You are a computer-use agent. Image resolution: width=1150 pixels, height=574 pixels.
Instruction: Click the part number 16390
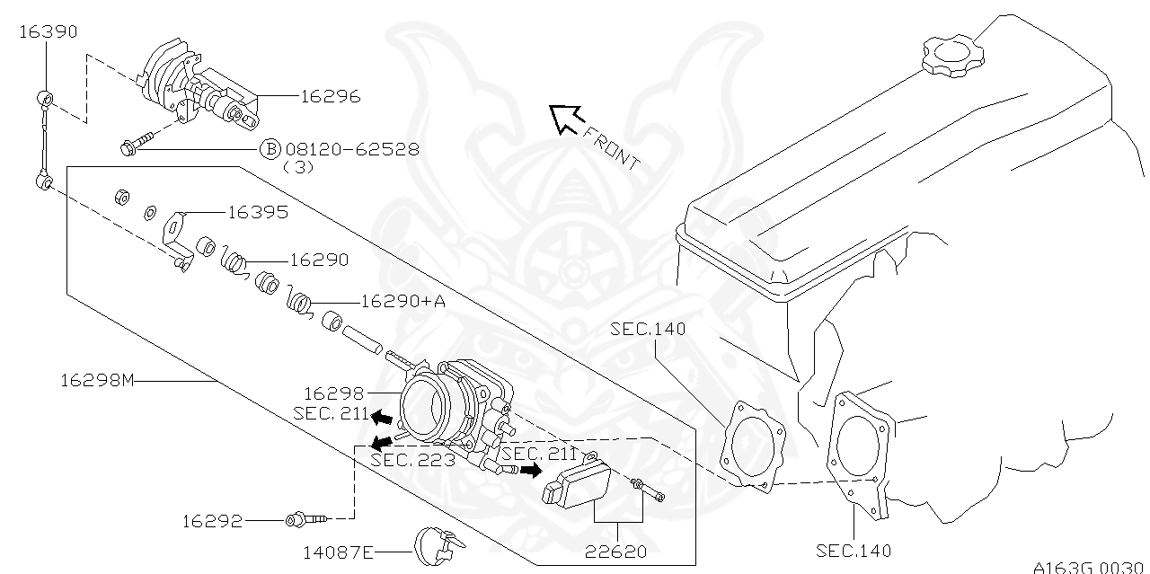coord(48,31)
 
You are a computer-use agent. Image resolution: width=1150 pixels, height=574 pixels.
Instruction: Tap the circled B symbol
coord(270,149)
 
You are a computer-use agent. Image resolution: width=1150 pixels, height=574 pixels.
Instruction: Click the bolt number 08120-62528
coord(351,149)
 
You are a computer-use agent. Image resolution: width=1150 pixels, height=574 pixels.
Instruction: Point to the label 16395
coord(257,212)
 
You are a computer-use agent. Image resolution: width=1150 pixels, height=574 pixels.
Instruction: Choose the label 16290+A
coord(402,302)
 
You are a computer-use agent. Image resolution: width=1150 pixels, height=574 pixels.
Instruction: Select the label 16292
coord(212,520)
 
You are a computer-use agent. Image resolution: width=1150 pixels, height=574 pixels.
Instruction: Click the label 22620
coord(615,552)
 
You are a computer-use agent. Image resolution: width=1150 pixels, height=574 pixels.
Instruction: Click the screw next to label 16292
coord(305,518)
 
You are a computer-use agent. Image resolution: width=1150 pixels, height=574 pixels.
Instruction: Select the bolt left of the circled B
coord(137,144)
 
